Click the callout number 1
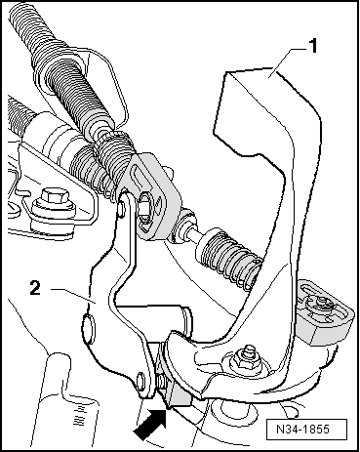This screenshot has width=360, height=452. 312,46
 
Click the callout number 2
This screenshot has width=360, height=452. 35,288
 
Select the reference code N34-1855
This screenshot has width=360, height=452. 302,429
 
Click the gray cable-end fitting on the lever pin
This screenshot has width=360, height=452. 153,195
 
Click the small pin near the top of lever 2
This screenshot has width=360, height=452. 121,210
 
